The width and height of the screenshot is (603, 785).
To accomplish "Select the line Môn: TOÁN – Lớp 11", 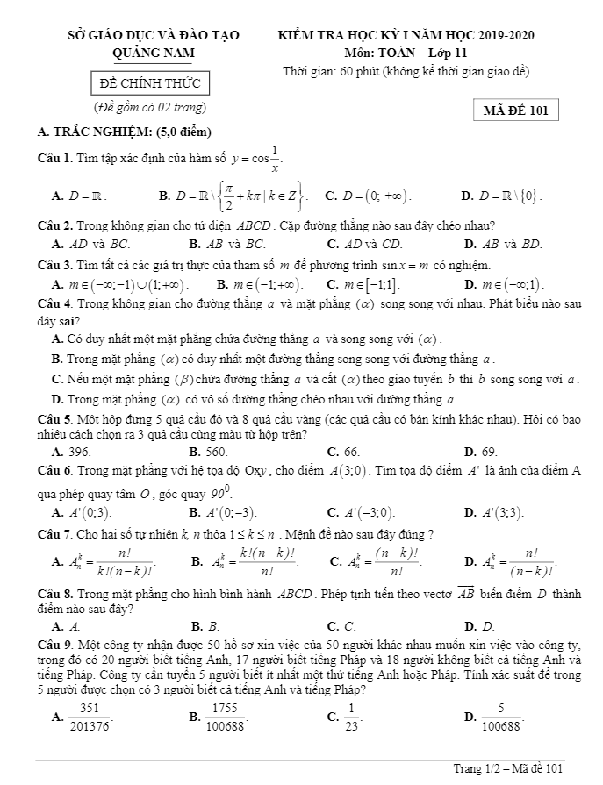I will pyautogui.click(x=406, y=53).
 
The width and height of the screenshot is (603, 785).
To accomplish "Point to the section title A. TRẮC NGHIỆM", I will pyautogui.click(x=126, y=132).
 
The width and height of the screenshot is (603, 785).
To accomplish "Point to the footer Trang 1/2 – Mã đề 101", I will pyautogui.click(x=507, y=769).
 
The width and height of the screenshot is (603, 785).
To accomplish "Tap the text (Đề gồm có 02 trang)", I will pyautogui.click(x=150, y=107).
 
